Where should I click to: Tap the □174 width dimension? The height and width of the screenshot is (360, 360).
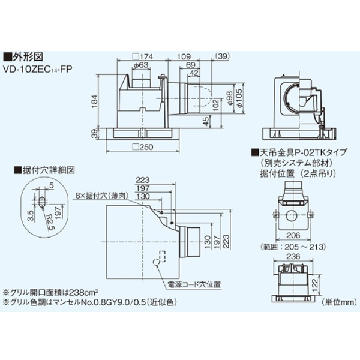tap(143, 57)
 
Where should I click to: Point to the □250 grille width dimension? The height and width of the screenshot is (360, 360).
tap(143, 147)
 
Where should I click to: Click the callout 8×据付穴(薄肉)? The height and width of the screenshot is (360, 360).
tap(100, 195)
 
